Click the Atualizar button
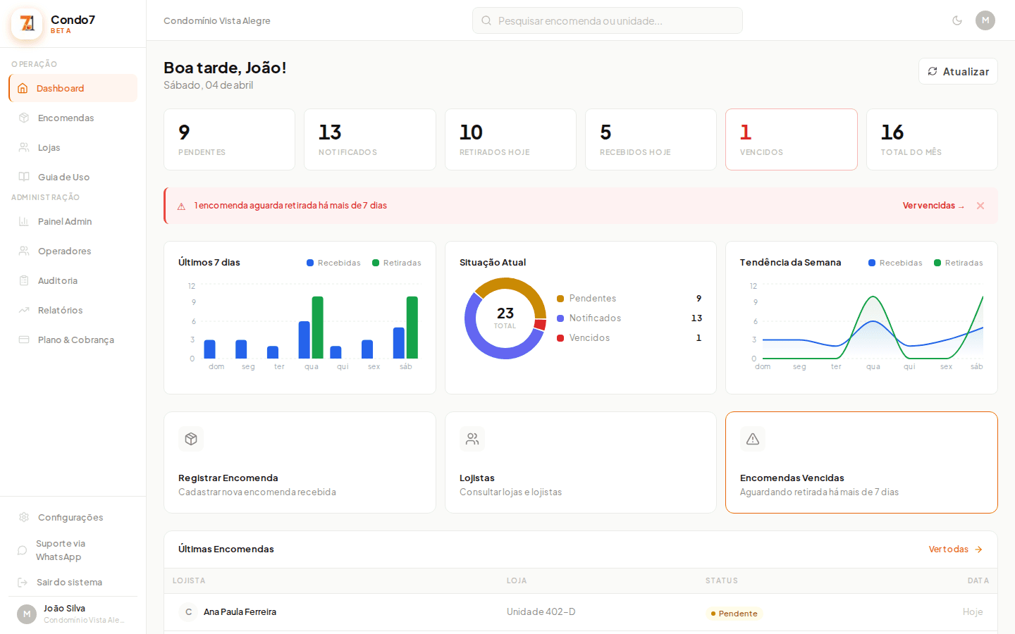click(x=958, y=71)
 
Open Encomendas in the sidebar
click(x=66, y=118)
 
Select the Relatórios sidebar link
click(x=60, y=310)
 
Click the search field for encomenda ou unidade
click(x=607, y=21)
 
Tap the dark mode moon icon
click(x=956, y=20)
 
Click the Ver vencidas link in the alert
click(x=933, y=206)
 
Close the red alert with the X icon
click(x=980, y=206)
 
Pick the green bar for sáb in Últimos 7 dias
click(x=412, y=328)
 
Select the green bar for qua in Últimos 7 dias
click(x=318, y=328)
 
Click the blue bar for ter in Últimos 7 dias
click(x=273, y=352)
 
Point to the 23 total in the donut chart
click(x=505, y=314)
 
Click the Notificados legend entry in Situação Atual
click(x=594, y=318)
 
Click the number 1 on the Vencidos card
click(x=746, y=132)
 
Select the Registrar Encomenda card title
click(x=228, y=478)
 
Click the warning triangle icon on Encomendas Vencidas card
click(x=753, y=439)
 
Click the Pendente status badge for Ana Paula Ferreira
click(x=734, y=614)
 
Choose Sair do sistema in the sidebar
click(x=69, y=582)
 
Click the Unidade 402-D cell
click(x=541, y=611)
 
